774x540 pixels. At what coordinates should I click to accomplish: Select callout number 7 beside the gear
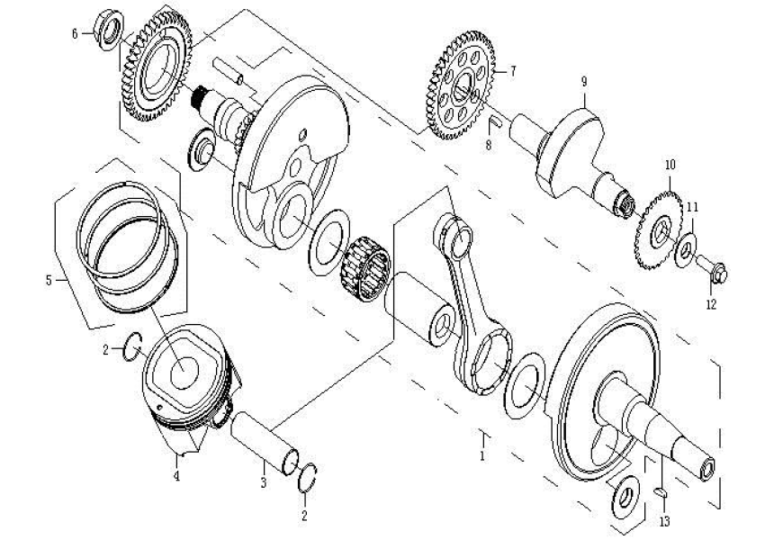coord(512,70)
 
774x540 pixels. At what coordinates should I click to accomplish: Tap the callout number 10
coord(669,166)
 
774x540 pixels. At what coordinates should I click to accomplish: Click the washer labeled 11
coord(686,244)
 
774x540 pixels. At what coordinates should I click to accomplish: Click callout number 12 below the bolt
coord(711,304)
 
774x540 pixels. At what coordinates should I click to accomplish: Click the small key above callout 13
coord(661,490)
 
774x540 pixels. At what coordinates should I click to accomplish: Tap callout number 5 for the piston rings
coord(49,280)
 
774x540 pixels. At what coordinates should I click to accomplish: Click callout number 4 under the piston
coord(176,476)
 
